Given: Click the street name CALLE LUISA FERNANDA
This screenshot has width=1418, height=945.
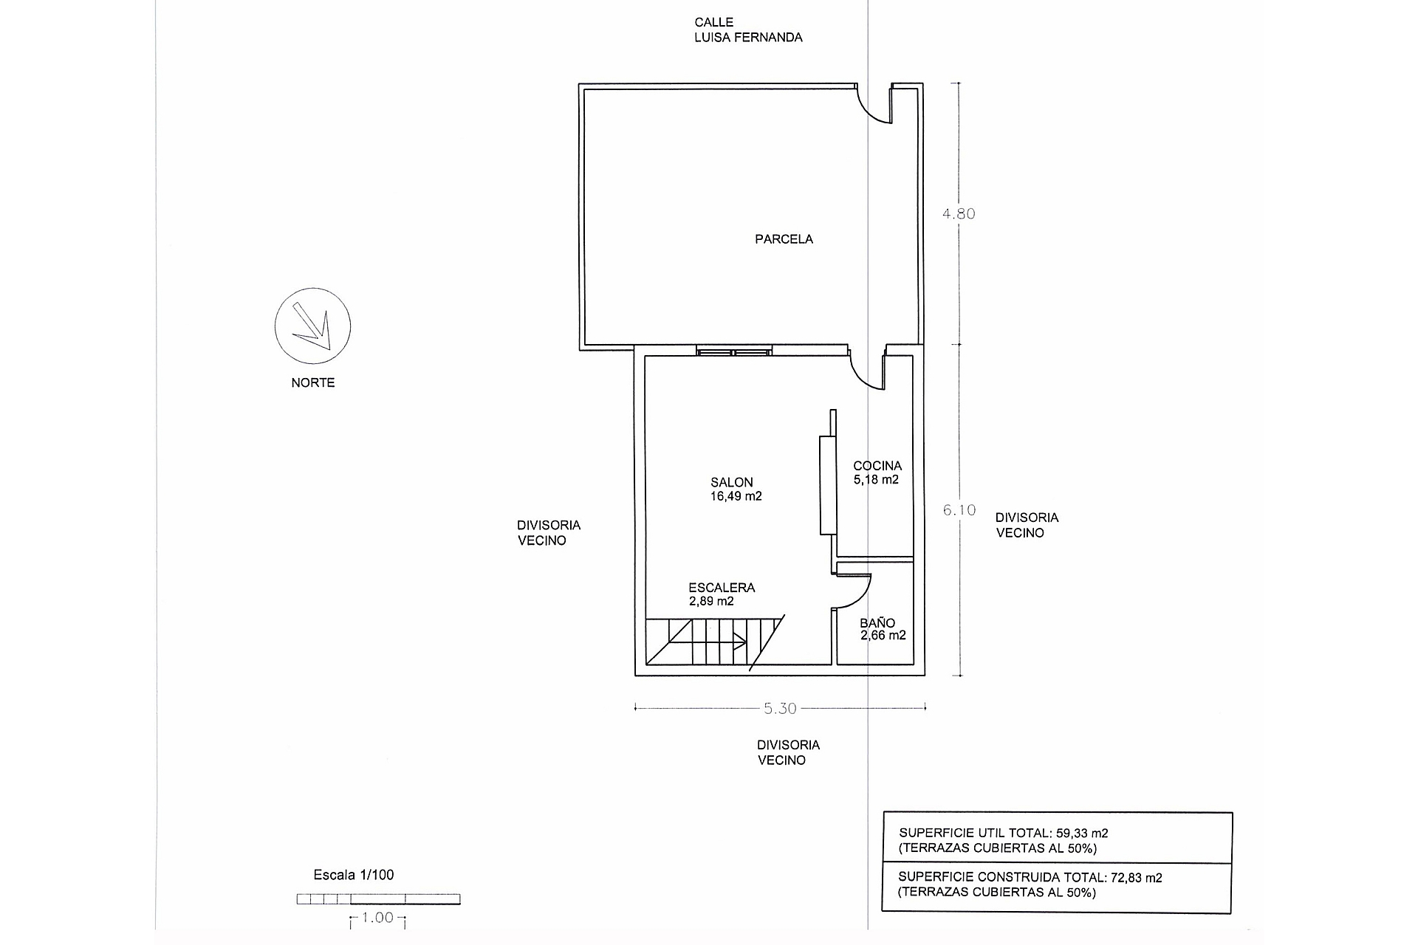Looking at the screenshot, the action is coord(748,30).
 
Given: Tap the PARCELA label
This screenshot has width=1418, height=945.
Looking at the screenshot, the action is coord(784,239).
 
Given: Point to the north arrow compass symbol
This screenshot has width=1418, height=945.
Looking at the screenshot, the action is coord(312,326).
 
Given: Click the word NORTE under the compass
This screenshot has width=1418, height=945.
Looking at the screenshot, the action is coord(313,382).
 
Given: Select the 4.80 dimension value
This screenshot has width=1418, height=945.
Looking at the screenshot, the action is coord(959,213).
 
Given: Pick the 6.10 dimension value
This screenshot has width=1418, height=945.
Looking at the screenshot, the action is coord(959,509).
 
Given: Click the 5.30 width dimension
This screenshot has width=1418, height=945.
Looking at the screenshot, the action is coord(780,709).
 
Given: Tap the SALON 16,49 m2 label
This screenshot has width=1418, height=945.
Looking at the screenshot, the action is coord(736,489).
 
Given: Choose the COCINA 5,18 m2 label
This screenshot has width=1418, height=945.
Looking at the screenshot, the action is coord(877,472).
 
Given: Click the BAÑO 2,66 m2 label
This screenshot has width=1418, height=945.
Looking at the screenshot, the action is coord(883,629).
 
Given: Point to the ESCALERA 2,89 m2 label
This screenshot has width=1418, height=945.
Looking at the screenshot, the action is coord(722,594).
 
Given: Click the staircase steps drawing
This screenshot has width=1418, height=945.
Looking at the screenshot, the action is coord(713,642).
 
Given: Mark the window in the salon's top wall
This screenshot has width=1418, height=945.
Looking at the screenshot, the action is coord(735,351).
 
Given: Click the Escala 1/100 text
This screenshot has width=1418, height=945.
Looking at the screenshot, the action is coord(354,875).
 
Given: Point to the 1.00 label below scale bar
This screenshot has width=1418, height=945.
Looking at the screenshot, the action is coord(377,918).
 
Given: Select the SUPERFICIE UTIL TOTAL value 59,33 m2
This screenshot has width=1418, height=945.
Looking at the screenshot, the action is coord(1082,833).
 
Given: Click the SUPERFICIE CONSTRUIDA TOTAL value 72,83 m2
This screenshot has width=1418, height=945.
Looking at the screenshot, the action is coord(1137,878).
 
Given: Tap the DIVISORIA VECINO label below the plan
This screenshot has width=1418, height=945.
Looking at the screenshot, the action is coord(788,752).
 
